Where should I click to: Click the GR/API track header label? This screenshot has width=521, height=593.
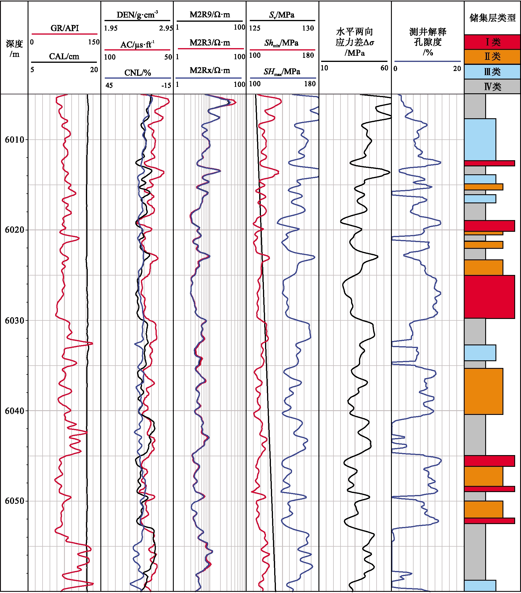(x=65, y=28)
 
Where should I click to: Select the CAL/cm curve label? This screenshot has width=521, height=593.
(x=64, y=56)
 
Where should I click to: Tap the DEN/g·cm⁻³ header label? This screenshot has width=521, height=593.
(x=137, y=15)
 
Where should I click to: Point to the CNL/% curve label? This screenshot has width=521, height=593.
(x=137, y=73)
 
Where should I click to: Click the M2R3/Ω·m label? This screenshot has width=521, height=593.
(x=210, y=43)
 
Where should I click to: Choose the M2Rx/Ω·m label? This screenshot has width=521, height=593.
(x=210, y=70)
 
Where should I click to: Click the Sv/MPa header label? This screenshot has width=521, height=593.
(x=282, y=15)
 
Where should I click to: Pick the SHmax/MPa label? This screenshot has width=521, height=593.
(x=282, y=72)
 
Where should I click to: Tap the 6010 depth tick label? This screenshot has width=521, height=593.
(x=14, y=139)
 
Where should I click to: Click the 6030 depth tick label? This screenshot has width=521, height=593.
(x=14, y=320)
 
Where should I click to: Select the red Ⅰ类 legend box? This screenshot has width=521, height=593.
(x=492, y=42)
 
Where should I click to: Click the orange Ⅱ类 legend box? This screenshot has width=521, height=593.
(x=492, y=57)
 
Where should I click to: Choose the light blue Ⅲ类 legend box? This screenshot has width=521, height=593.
(x=492, y=72)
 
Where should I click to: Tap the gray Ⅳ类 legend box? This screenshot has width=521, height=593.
(x=492, y=87)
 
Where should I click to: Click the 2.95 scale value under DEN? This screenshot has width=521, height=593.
(x=166, y=28)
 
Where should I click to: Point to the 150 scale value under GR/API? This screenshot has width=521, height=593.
(x=94, y=42)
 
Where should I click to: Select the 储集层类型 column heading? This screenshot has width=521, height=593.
(x=492, y=18)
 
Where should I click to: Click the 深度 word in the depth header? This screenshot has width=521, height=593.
(x=14, y=44)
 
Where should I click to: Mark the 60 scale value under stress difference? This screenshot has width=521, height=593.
(x=384, y=68)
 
